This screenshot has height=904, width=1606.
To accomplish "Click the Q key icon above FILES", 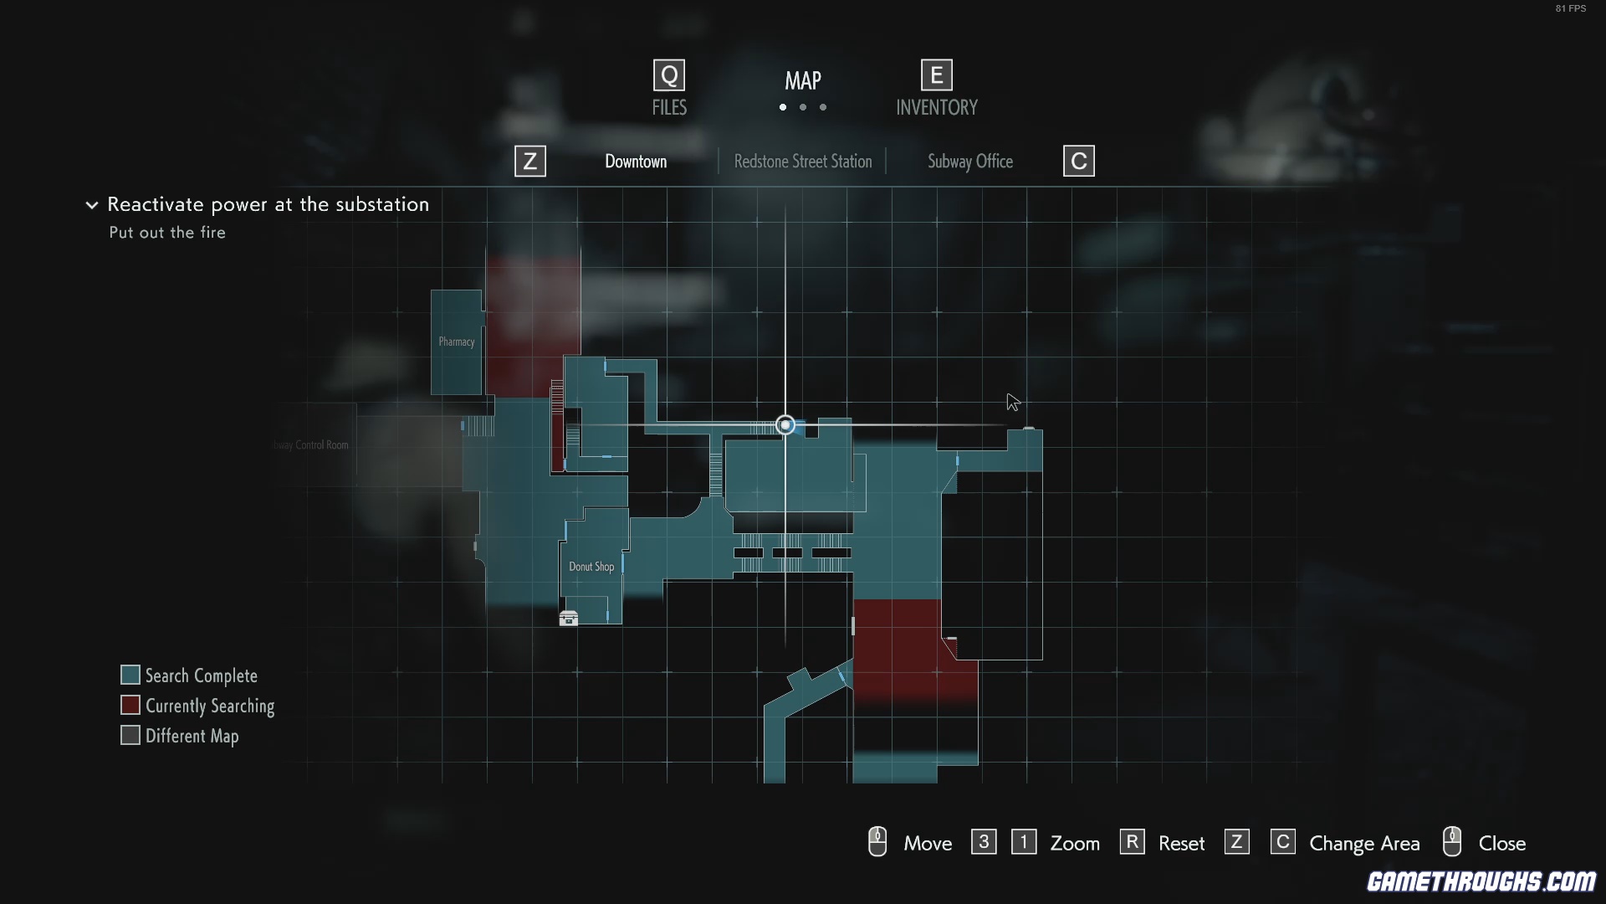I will point(668,76).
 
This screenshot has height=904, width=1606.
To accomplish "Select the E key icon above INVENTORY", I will point(936,76).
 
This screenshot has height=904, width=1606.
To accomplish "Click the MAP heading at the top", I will point(802,80).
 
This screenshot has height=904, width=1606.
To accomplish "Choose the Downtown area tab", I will point(636,162).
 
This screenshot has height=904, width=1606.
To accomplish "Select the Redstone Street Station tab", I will point(802,162).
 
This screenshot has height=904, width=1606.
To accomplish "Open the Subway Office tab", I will point(969,162).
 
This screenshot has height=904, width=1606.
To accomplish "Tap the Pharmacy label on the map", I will point(456,342).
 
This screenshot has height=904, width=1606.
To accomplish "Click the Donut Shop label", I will point(591,567).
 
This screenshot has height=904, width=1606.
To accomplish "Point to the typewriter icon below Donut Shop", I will point(569,619).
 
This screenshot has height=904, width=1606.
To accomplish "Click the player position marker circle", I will point(785,425).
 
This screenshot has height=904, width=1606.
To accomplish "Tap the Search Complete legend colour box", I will point(130,675).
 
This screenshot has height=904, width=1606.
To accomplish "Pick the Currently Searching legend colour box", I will point(130,705).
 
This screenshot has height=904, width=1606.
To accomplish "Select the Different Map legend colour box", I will point(130,735).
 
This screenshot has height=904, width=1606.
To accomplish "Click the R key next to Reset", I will point(1132,842).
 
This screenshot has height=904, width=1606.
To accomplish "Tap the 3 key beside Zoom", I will point(984,842).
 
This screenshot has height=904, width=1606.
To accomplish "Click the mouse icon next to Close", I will point(1452,842).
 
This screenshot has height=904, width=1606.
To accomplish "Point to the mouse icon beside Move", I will point(877,842).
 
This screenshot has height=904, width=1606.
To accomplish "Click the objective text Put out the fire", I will point(167,233).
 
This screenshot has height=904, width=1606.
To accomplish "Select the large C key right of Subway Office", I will point(1078,162).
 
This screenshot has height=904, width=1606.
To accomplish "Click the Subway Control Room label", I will point(311,444).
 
